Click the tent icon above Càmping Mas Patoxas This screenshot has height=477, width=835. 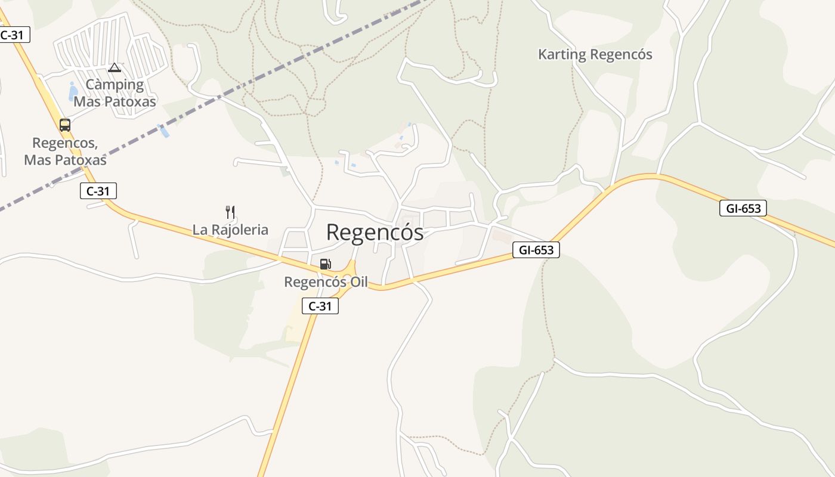tap(115, 67)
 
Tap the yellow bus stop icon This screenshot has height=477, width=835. tap(65, 125)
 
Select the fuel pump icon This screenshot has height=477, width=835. tap(325, 264)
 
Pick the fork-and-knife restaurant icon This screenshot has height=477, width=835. tap(230, 212)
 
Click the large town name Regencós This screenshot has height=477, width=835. tap(375, 233)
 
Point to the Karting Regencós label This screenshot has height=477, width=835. tap(595, 54)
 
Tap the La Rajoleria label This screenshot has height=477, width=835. tap(230, 230)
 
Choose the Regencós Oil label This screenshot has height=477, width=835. tap(326, 282)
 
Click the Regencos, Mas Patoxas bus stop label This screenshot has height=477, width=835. tap(65, 151)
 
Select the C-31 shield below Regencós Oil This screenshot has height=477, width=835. tap(320, 306)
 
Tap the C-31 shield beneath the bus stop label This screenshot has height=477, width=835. tap(98, 191)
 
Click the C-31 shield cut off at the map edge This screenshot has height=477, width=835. tap(13, 35)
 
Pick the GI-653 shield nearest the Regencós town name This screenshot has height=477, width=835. tap(536, 250)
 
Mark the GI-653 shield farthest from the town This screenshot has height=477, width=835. tap(743, 208)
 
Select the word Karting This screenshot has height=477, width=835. tap(562, 54)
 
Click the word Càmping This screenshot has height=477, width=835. tap(115, 85)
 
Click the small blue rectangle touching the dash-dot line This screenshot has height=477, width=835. tap(163, 131)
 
